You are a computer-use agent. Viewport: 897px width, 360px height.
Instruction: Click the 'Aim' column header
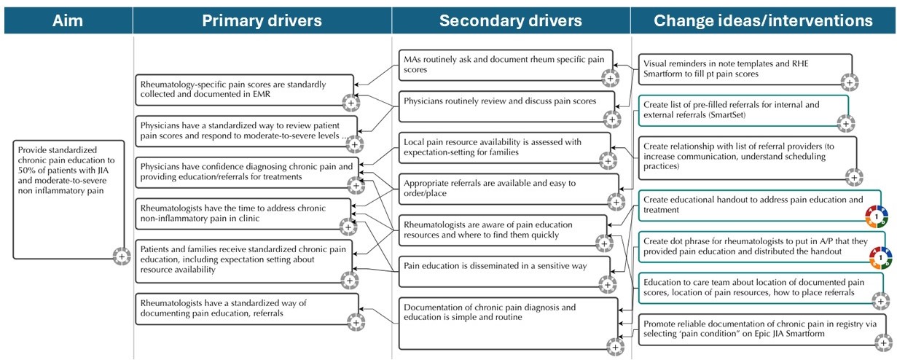click(68, 20)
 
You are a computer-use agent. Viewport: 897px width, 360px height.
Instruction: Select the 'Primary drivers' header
click(262, 20)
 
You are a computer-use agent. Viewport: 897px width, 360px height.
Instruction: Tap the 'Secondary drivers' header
click(510, 20)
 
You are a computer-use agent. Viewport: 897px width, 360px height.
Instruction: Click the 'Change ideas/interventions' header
click(764, 20)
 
